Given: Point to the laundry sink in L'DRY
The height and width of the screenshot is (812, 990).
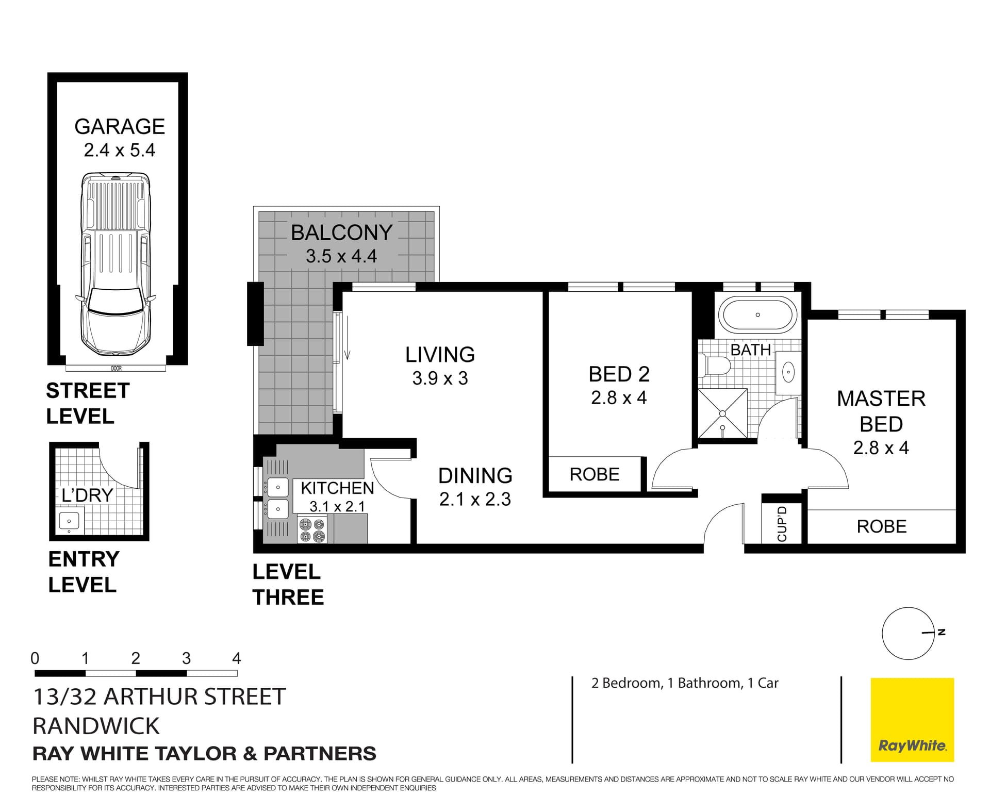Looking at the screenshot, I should [69, 521].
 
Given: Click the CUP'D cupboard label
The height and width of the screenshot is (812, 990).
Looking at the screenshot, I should [782, 524].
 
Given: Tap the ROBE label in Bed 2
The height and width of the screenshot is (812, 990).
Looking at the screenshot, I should [594, 474].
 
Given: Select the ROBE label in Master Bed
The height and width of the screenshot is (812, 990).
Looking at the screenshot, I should [881, 526].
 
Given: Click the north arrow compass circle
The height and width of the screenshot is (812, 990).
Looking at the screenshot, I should [907, 633].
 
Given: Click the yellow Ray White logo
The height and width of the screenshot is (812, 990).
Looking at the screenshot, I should [912, 720].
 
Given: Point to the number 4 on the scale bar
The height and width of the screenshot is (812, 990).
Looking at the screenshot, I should [236, 658].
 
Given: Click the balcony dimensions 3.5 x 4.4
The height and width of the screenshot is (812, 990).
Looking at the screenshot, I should [341, 256].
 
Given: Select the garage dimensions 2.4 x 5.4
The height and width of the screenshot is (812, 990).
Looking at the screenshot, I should [119, 151].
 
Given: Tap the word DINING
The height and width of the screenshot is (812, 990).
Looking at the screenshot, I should [475, 476].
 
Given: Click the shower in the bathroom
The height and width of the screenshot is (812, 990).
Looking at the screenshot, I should [722, 413].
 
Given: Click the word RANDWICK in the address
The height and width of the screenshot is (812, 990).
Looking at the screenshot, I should [96, 726].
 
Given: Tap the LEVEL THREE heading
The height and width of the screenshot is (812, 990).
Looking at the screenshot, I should [288, 585].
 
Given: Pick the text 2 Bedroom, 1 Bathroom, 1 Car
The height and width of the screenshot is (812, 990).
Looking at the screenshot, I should [684, 683].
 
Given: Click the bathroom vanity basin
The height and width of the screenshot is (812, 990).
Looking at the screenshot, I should [788, 371].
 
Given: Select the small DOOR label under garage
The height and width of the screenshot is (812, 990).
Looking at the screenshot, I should [116, 368].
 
